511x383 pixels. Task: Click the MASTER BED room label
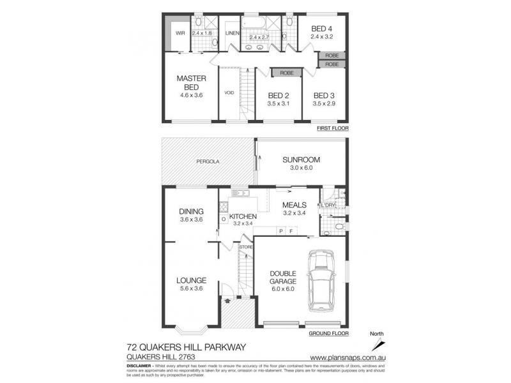tap(190, 83)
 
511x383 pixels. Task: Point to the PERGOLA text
tap(207, 162)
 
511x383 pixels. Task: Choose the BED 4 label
tap(323, 29)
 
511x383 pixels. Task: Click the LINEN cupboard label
tap(231, 33)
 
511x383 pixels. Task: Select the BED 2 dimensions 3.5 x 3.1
tap(279, 103)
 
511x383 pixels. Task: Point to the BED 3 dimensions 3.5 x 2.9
tap(324, 103)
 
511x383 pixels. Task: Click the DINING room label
tap(192, 212)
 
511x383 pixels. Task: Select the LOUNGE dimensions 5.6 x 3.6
tap(192, 289)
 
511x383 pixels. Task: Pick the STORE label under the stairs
tap(245, 246)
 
